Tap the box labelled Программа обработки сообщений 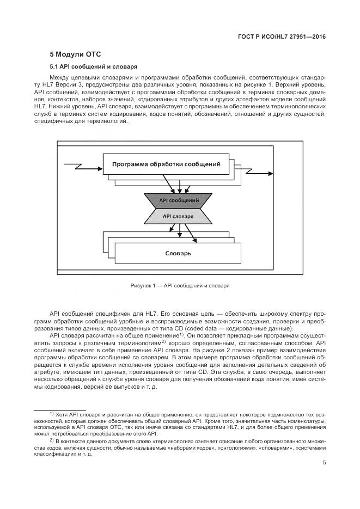[166, 164]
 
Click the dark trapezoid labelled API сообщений [179, 200]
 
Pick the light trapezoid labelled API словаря [178, 216]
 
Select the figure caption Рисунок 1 [180, 285]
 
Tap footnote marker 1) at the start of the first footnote [52, 414]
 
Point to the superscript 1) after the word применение [181, 334]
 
